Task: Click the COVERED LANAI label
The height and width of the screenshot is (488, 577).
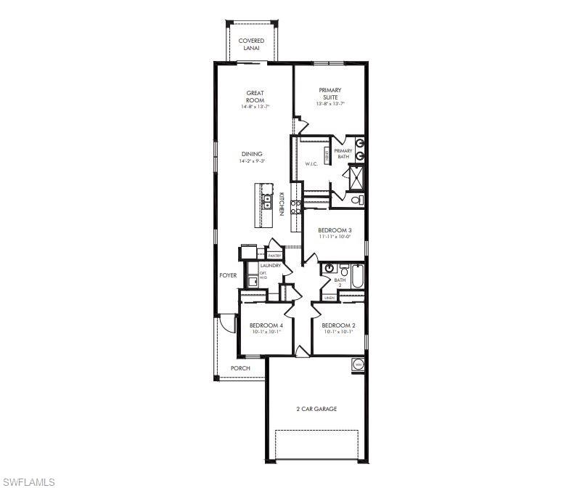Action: point(251,44)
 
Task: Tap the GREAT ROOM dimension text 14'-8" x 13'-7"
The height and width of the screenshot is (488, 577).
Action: point(255,107)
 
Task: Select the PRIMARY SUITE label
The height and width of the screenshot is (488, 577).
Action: point(330,94)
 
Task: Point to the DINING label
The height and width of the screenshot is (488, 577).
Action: point(252,154)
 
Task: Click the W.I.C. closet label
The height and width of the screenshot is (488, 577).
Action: point(311,163)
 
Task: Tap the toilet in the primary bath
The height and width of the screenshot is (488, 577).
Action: point(356,200)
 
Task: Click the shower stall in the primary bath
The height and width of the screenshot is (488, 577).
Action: point(356,176)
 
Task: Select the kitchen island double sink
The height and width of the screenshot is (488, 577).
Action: point(266,202)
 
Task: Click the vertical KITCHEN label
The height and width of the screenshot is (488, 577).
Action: point(281,203)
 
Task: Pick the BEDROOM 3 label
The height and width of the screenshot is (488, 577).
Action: point(334,230)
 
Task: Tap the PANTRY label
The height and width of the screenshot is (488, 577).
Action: point(274,256)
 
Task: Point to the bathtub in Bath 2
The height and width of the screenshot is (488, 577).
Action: point(357,277)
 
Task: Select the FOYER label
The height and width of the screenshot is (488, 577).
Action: point(228,275)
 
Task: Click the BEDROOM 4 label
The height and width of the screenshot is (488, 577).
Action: point(264,325)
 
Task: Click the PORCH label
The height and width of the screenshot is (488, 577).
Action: point(240,368)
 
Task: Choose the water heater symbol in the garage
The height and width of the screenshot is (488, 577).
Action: point(357,365)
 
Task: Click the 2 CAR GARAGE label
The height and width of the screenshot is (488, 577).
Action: point(316,409)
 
